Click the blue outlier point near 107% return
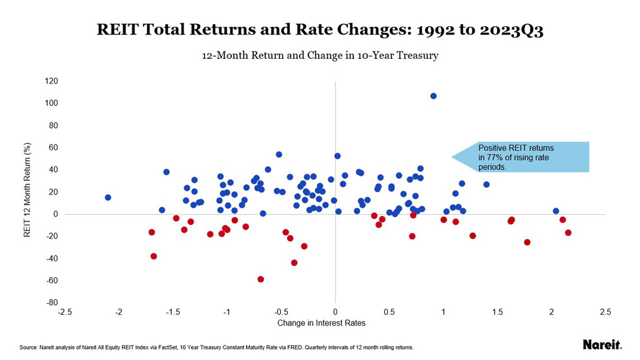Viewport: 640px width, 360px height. coord(433,96)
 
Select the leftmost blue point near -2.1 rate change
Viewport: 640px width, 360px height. coord(108,197)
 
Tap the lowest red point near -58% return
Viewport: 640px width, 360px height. coord(261,279)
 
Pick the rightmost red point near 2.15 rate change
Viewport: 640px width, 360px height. coord(568,233)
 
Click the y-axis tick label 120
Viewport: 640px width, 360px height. coord(51,81)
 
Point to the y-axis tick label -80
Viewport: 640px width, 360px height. coord(51,303)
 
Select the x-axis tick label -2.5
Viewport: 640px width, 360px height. coord(65,312)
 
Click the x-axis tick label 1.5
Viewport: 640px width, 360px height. coord(498,312)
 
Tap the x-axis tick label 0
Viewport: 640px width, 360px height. coord(335,312)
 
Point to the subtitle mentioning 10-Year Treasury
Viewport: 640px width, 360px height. coord(320,56)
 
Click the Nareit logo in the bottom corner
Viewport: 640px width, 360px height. coord(601,345)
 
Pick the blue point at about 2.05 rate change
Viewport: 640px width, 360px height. coord(556,211)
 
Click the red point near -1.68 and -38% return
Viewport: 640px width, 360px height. coord(153,256)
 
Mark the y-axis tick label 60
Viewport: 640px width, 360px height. coord(53,148)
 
